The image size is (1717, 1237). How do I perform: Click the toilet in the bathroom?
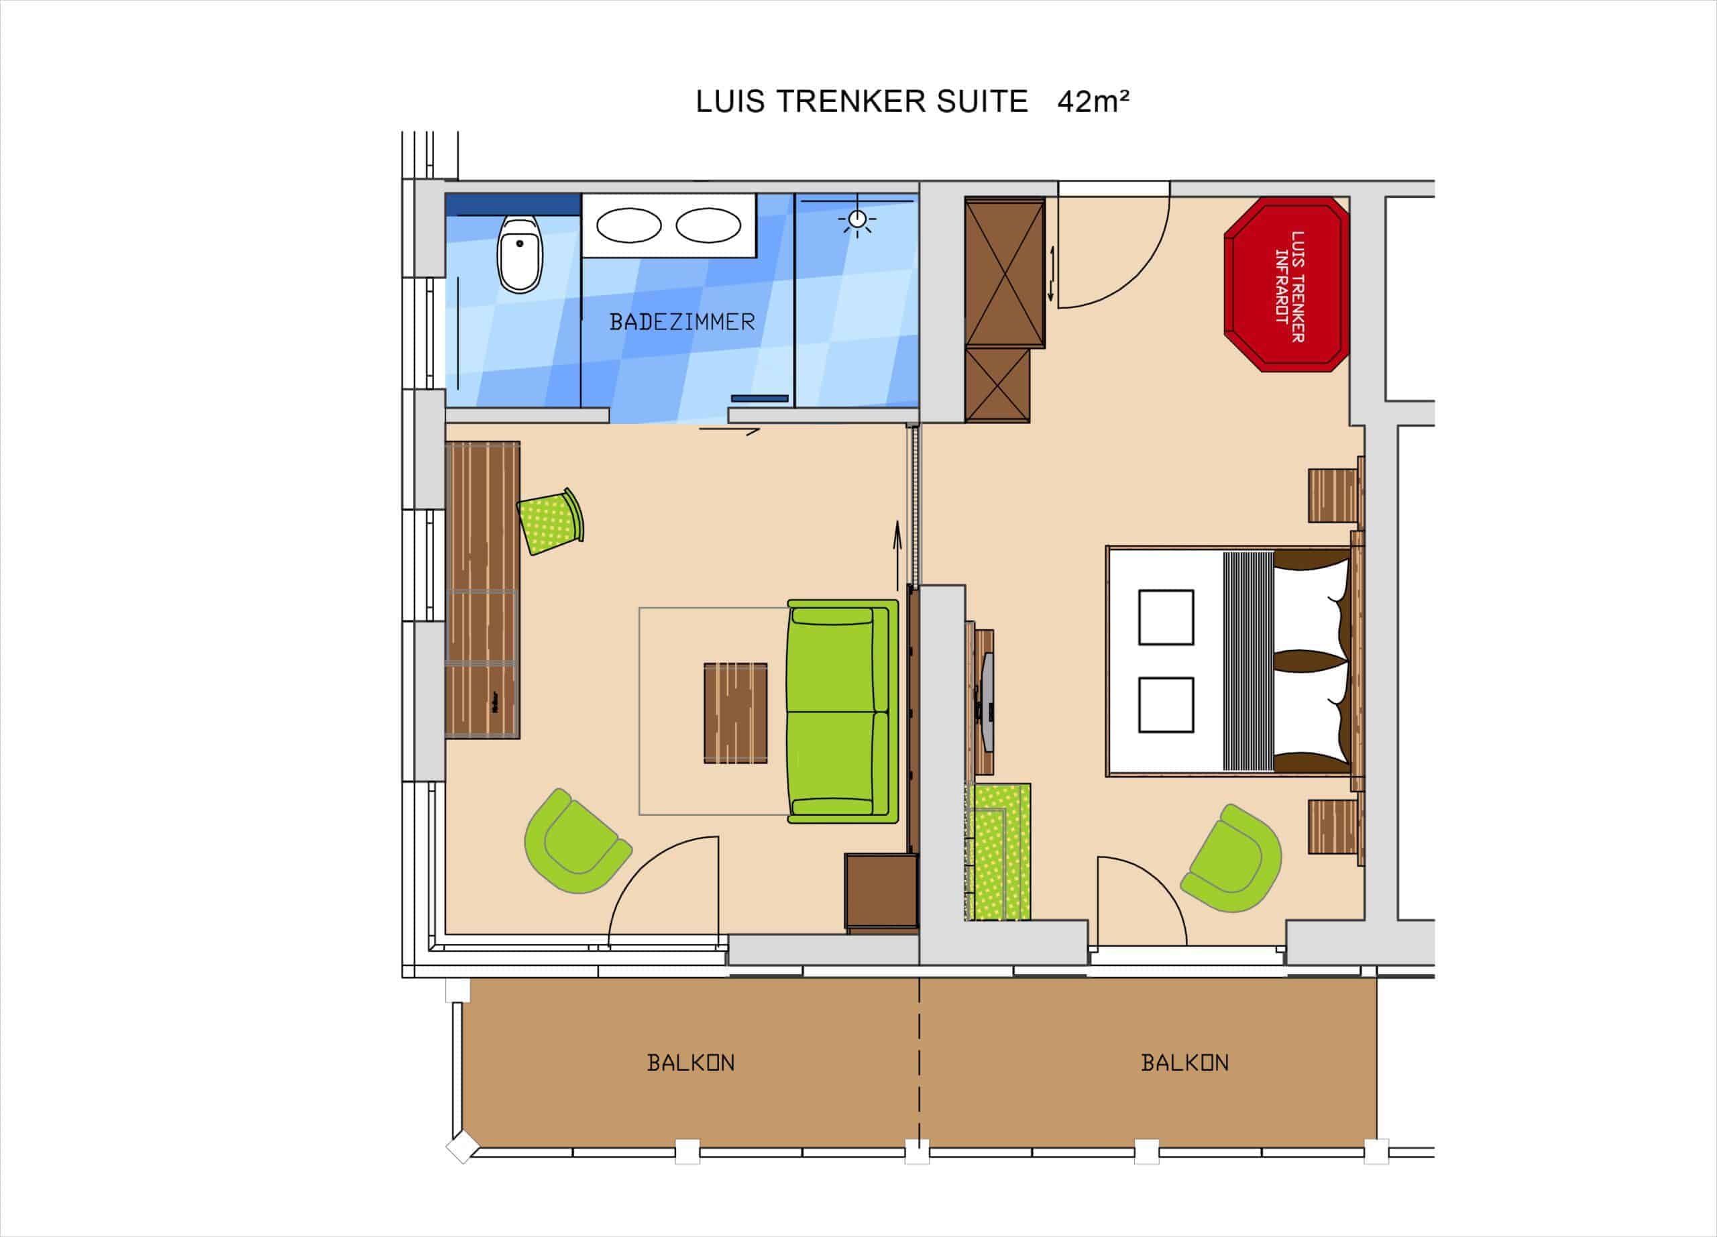[519, 253]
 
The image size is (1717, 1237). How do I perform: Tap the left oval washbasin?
[629, 225]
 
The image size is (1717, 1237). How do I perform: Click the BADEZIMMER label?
[682, 323]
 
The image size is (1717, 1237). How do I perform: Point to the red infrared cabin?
[1286, 284]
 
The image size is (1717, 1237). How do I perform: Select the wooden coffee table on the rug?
[735, 712]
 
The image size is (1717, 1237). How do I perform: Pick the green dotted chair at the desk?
[551, 521]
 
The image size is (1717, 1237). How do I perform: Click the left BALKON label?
[690, 1063]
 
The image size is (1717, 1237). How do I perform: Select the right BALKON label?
[1184, 1063]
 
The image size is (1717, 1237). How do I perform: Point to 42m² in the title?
[1093, 101]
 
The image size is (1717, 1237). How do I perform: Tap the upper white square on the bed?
[1166, 617]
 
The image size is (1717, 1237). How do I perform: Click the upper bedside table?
[1335, 495]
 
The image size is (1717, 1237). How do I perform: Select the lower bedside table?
[1335, 826]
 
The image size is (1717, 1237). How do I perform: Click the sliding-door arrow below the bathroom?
[729, 431]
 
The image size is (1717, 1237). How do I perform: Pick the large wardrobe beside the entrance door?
[1005, 272]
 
